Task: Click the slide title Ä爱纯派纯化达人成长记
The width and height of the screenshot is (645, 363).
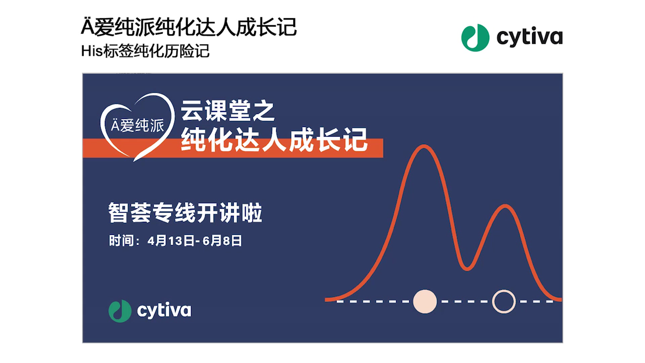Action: (x=189, y=27)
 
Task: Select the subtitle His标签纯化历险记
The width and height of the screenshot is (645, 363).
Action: (x=145, y=51)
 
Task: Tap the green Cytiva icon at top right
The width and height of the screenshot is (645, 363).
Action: (x=475, y=38)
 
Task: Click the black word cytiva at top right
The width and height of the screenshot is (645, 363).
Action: (x=529, y=37)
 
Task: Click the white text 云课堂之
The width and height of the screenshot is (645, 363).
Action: (x=228, y=111)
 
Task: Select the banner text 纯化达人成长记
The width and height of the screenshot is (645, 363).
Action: (x=274, y=139)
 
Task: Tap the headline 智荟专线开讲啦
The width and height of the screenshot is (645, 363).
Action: (x=185, y=212)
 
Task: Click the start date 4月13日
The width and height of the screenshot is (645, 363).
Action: (x=171, y=241)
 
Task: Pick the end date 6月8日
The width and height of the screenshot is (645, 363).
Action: (x=222, y=241)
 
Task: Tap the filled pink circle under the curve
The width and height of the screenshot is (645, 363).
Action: (x=425, y=301)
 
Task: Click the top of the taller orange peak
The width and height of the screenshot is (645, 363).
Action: (x=424, y=146)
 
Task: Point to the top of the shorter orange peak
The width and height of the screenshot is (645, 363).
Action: (x=505, y=206)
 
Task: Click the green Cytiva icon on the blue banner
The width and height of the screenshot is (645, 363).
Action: (x=120, y=311)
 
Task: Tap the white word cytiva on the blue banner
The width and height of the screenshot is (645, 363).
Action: (x=164, y=311)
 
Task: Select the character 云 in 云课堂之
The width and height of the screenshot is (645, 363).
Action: (x=192, y=111)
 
